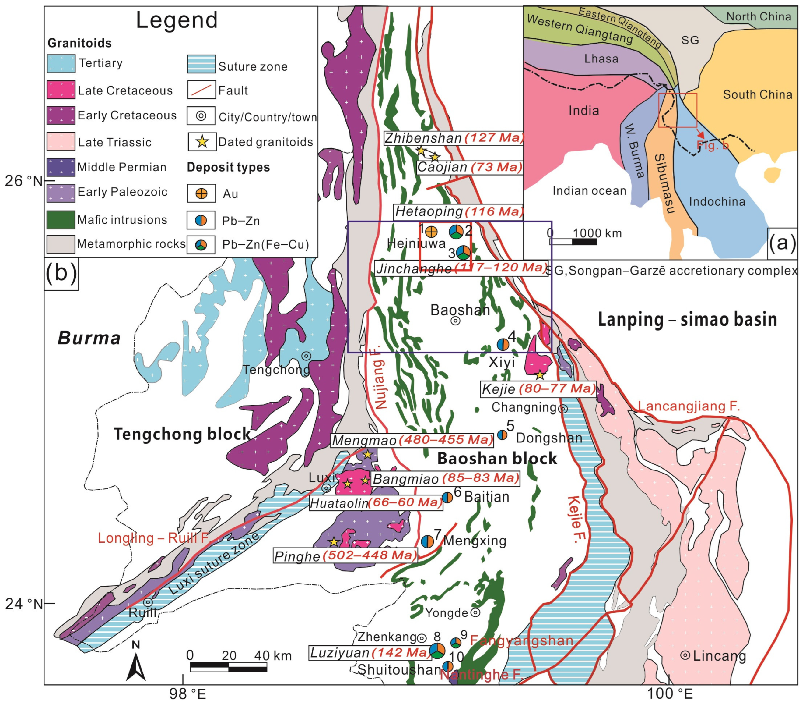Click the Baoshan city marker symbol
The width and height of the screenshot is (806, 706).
tap(455, 321)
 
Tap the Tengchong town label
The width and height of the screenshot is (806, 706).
tap(276, 370)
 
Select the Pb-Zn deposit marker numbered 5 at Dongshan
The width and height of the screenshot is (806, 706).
tap(502, 435)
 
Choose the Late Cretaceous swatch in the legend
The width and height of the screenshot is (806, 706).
tap(61, 90)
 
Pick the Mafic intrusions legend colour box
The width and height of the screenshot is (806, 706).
tap(61, 219)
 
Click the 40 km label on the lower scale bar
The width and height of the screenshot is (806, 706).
tap(273, 656)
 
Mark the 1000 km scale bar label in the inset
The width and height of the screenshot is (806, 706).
tap(597, 233)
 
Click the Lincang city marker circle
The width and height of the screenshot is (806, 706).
tap(685, 656)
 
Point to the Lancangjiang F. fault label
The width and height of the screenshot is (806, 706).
tap(689, 406)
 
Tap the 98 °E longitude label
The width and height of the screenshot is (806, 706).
tap(188, 694)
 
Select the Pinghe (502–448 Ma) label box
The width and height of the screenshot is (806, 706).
tap(345, 556)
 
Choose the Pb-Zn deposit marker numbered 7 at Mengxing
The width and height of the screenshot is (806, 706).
tap(427, 541)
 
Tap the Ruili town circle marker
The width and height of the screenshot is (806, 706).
tap(148, 602)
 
